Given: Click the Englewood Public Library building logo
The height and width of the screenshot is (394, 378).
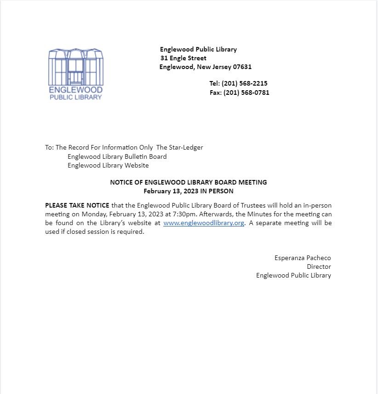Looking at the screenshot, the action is (x=76, y=74).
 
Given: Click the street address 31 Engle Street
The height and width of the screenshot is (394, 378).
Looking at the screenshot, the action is (x=183, y=58).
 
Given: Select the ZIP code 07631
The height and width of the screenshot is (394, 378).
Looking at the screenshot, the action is (x=242, y=67).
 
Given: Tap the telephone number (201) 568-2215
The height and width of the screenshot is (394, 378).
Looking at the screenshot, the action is (x=244, y=83).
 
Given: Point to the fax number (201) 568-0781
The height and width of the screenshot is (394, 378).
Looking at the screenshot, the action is (x=246, y=93).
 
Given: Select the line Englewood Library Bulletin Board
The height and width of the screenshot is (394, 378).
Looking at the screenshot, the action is (x=117, y=156).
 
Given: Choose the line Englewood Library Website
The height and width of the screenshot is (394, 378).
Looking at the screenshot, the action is (x=108, y=165).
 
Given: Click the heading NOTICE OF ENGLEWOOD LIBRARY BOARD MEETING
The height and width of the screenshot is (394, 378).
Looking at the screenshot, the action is (x=188, y=182).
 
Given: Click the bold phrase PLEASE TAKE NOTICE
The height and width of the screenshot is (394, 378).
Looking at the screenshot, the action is (x=77, y=205).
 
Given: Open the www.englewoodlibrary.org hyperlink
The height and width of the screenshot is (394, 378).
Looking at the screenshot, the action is (x=203, y=223).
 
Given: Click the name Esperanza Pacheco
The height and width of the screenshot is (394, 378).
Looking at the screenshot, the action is (x=303, y=258).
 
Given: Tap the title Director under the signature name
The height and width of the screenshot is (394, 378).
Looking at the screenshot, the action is (x=319, y=267).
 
